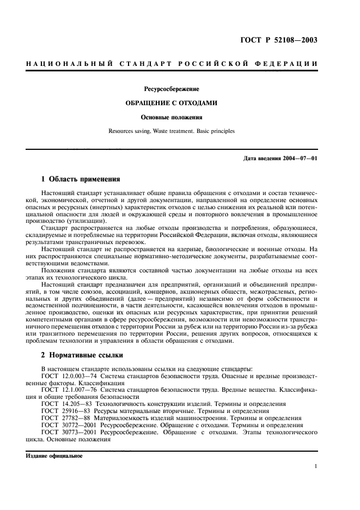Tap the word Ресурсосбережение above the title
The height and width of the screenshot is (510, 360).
pos(172,88)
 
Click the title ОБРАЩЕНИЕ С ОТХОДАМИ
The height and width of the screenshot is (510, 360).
pos(172,102)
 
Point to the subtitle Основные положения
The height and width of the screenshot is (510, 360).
pos(172,117)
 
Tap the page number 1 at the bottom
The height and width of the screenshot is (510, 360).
pos(316,466)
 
